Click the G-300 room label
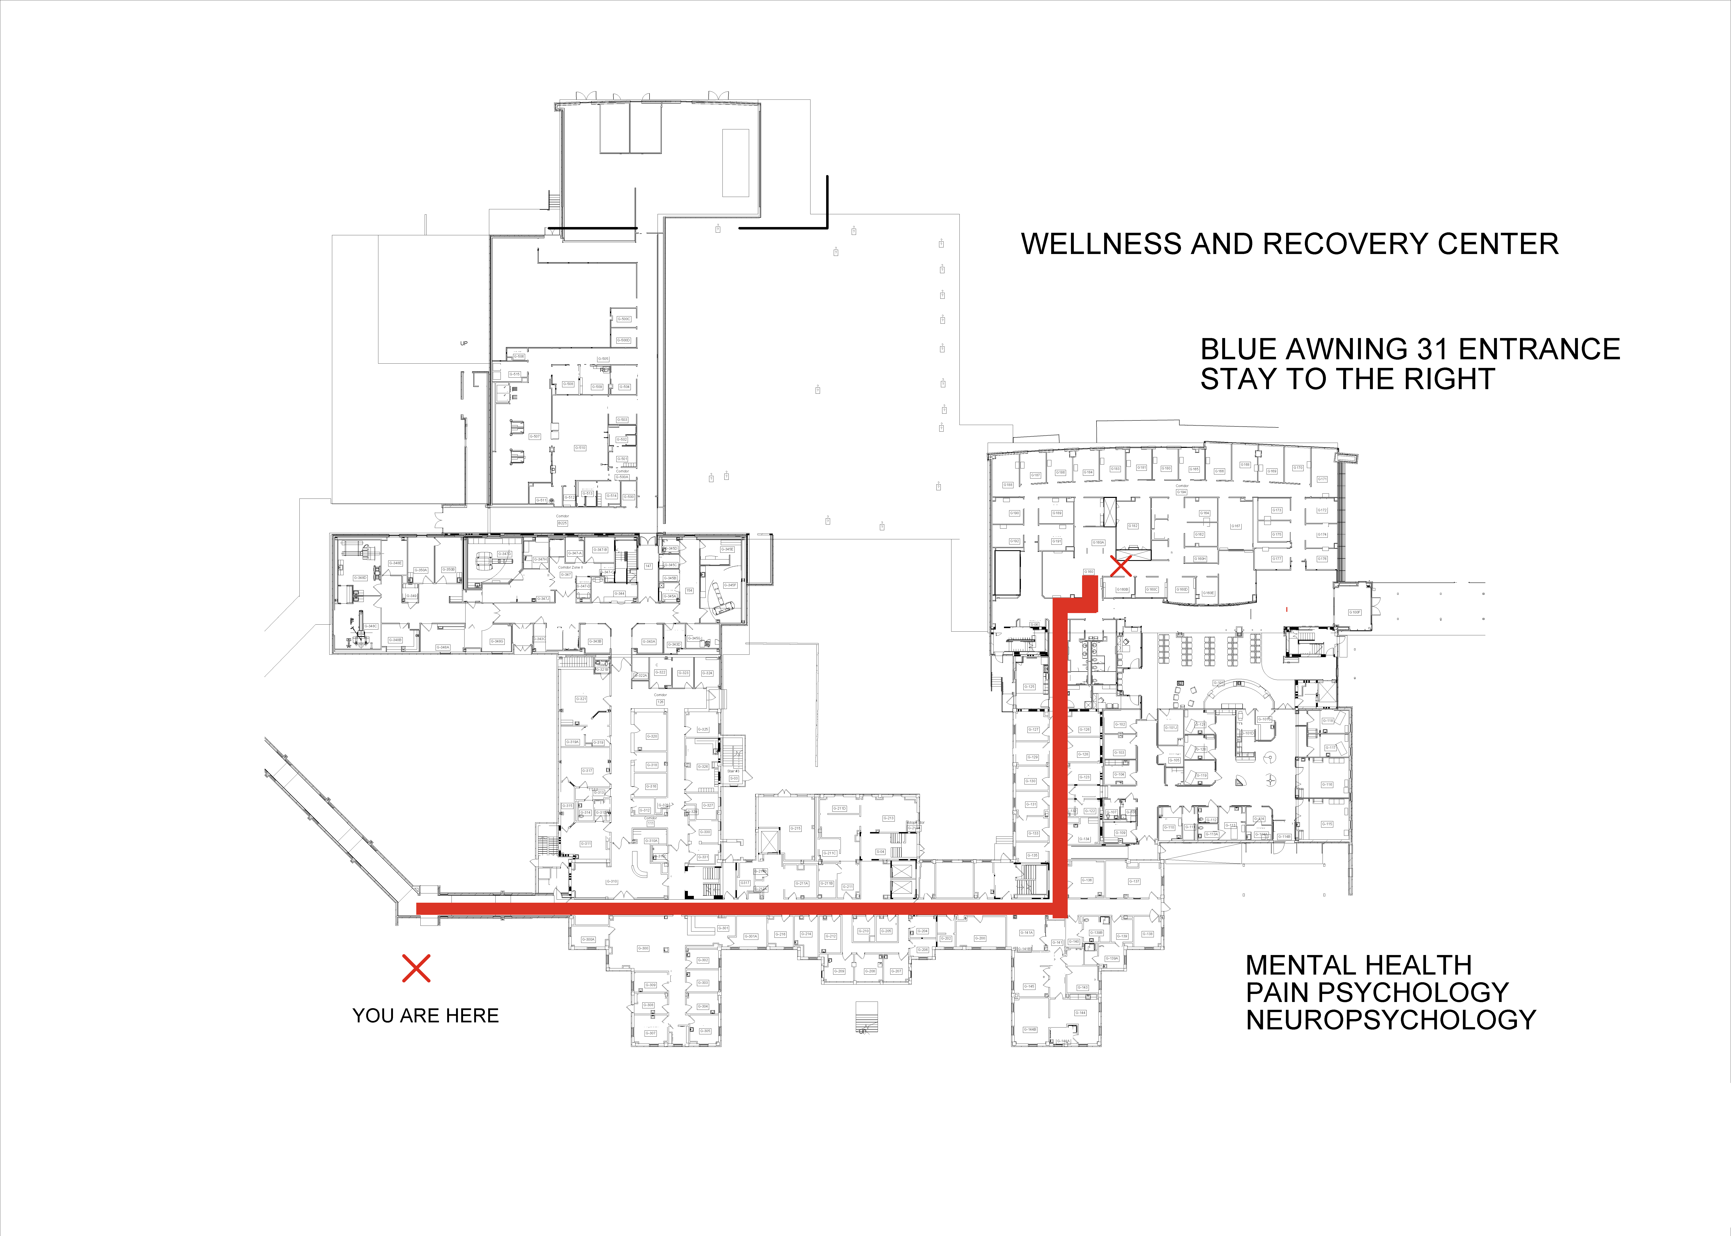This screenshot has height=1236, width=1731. click(643, 948)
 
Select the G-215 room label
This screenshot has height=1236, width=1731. click(795, 828)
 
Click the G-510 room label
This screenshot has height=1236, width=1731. click(580, 448)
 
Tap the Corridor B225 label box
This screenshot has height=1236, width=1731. click(563, 523)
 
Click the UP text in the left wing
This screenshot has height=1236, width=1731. click(464, 343)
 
